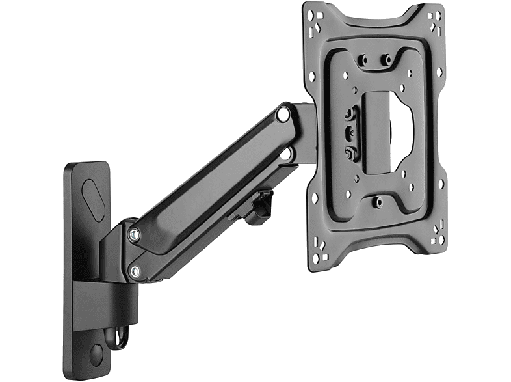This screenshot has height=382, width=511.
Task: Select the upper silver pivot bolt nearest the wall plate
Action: tap(133, 232)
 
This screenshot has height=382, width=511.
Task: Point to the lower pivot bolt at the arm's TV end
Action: tap(283, 154)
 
